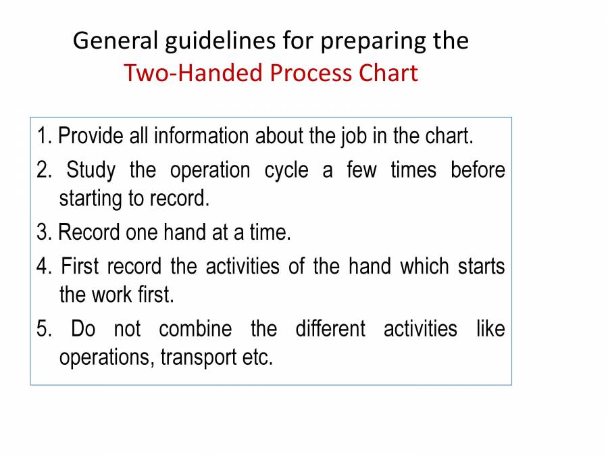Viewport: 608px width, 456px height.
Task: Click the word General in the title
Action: coord(115,41)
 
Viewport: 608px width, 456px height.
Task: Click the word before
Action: coord(478,170)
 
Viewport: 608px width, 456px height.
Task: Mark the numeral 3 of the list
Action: coord(43,233)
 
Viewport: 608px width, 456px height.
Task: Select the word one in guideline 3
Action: coord(142,233)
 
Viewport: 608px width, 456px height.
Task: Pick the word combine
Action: coord(195,330)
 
